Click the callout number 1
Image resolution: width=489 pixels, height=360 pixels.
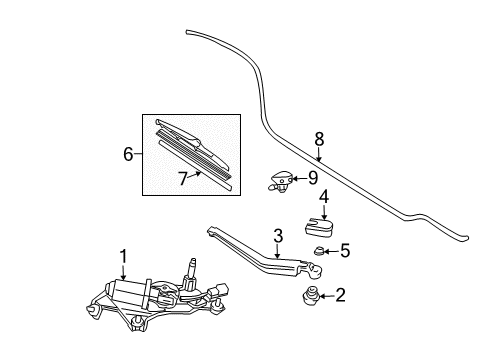[x=124, y=256]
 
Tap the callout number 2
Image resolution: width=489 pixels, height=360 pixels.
[x=340, y=295]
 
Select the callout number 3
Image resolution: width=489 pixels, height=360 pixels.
[x=278, y=236]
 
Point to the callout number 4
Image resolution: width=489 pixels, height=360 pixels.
[x=324, y=196]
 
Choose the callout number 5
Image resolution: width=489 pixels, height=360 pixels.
[x=345, y=250]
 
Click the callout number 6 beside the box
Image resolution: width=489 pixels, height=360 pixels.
[x=128, y=154]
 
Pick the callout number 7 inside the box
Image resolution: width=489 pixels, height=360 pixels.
[x=183, y=179]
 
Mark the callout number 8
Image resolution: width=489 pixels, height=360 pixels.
[x=319, y=139]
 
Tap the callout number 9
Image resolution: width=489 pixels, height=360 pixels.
[x=312, y=178]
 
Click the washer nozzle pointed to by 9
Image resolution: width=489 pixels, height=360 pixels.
[x=280, y=181]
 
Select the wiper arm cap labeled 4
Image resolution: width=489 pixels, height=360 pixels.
[x=319, y=227]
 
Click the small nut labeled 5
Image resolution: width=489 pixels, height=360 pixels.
[x=319, y=251]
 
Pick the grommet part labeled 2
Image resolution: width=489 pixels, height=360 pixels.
[x=310, y=296]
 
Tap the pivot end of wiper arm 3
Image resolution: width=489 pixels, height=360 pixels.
[x=314, y=270]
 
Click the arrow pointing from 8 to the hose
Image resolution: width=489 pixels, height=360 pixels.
[x=319, y=154]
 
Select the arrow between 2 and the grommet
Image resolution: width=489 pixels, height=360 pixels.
[x=326, y=296]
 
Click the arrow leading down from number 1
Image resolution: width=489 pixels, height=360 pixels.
[x=124, y=272]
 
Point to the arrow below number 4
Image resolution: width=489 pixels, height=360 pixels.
[x=324, y=212]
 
